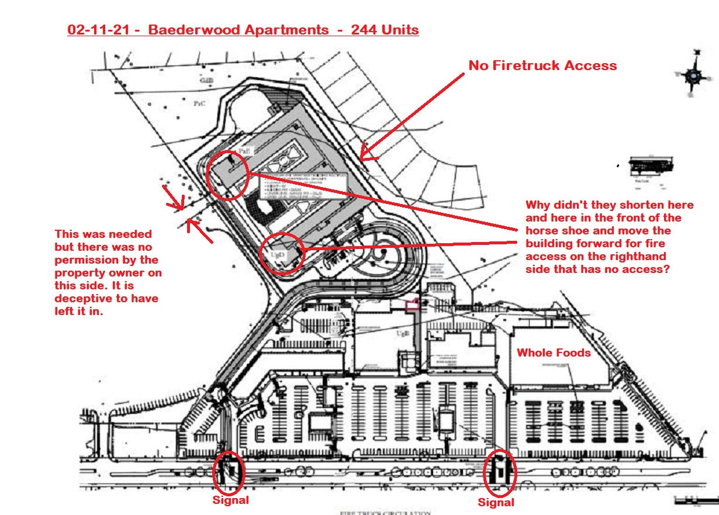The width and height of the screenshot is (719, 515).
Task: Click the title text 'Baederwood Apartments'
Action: (x=238, y=30)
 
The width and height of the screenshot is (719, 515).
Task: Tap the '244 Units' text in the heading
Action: (x=385, y=30)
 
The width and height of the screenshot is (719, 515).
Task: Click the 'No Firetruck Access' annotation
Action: (x=542, y=65)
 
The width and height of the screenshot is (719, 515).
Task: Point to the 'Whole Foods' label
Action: (x=554, y=352)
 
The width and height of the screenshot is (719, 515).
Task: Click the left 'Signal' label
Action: (x=230, y=500)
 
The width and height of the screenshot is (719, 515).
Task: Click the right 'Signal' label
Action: (x=496, y=502)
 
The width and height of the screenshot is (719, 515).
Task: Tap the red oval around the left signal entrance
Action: (x=229, y=472)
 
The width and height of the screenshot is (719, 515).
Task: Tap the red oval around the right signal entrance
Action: (x=500, y=472)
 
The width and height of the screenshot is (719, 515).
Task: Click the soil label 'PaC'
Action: (x=199, y=103)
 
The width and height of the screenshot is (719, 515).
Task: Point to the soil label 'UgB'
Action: (x=402, y=333)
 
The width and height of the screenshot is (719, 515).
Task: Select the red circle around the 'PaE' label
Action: (x=228, y=174)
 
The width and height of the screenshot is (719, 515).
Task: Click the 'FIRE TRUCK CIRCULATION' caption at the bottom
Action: (x=385, y=513)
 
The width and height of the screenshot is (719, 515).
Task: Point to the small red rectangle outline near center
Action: (x=412, y=303)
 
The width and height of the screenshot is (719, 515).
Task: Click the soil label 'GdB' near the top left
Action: (x=206, y=81)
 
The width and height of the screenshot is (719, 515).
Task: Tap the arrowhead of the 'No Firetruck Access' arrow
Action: (x=362, y=158)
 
